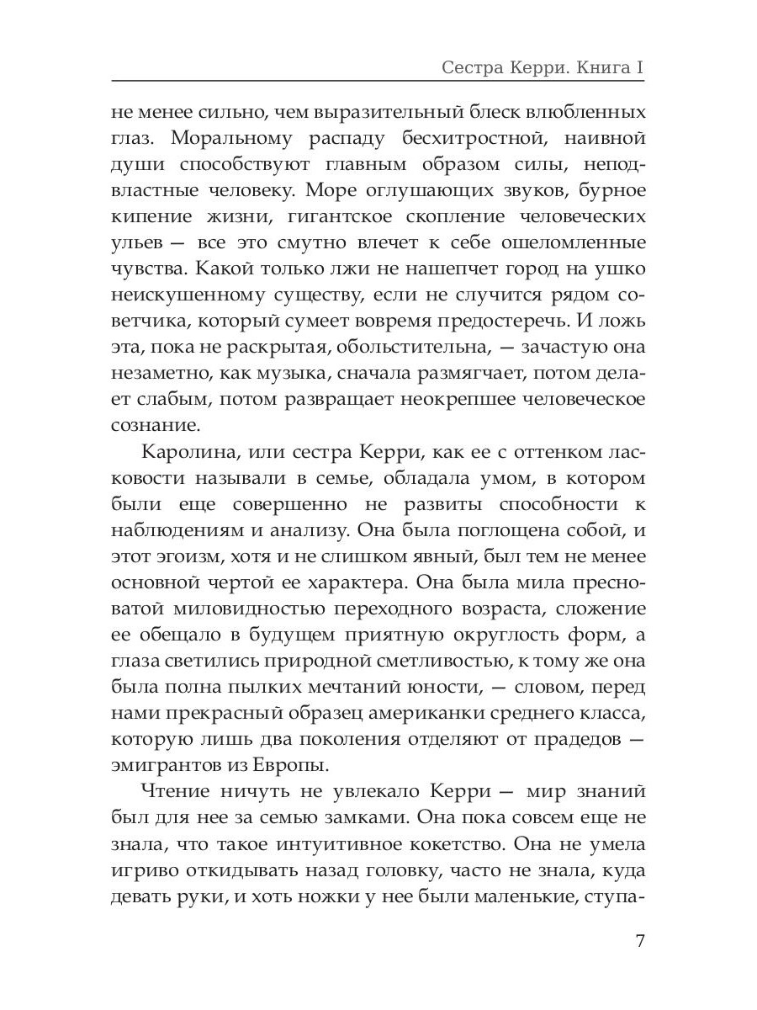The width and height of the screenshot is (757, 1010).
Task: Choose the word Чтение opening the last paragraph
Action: coord(177,795)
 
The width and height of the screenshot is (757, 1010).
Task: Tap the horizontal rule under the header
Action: coord(378,82)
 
